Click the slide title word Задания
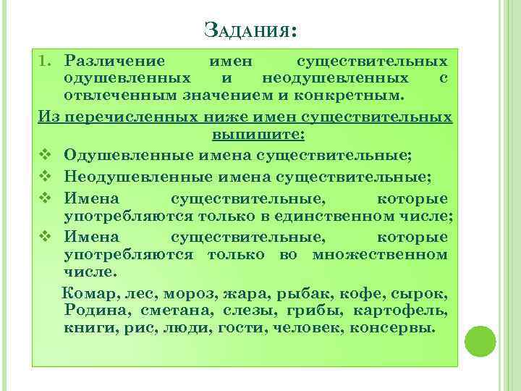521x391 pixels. [x=250, y=31]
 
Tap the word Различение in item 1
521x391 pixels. [x=114, y=60]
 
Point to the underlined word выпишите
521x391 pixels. [x=258, y=135]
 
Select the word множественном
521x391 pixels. [x=380, y=254]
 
